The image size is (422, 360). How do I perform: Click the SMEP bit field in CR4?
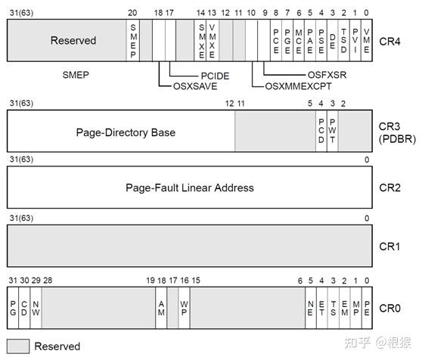tap(132, 40)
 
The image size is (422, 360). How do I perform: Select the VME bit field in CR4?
tap(367, 40)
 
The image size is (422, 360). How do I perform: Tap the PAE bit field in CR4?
tap(311, 40)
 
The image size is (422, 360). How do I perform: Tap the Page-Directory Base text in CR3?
tap(126, 132)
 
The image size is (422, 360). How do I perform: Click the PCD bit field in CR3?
tap(321, 132)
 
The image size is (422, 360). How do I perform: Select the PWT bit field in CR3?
tap(333, 132)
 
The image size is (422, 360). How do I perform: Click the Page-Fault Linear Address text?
tap(191, 188)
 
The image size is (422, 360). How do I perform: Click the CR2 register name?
tap(390, 188)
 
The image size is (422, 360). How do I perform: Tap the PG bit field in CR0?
tap(13, 307)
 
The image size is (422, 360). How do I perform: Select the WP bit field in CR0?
tap(184, 307)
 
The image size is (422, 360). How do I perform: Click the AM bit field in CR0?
tap(161, 307)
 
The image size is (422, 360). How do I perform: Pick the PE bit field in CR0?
tap(367, 307)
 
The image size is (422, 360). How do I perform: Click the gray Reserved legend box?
tap(18, 346)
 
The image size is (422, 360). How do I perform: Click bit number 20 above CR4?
tap(132, 13)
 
